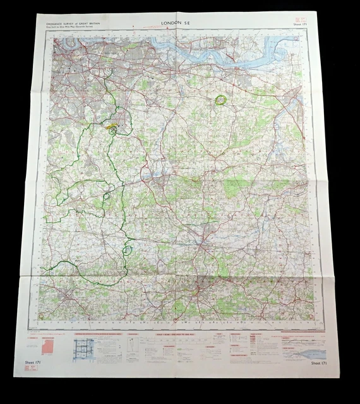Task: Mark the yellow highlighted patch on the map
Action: (x=114, y=126)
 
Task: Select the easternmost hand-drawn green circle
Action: (x=220, y=99)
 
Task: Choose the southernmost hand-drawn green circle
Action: (x=128, y=249)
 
